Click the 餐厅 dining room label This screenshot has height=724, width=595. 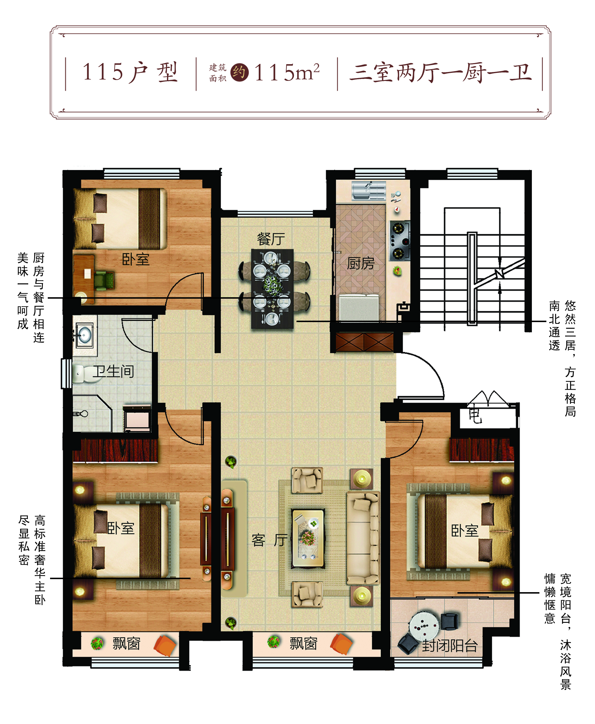pos(271,239)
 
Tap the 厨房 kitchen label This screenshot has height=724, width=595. pos(360,263)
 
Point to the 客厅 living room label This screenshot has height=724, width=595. pos(269,540)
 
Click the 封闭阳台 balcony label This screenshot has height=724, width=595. pos(450,646)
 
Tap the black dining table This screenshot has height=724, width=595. pos(272,289)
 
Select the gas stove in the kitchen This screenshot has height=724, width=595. pos(400,241)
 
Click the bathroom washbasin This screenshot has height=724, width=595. pos(83,335)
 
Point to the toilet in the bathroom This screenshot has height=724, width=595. pos(83,374)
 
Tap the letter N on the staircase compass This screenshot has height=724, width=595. pos(499,274)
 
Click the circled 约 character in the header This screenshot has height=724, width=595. pos(239,72)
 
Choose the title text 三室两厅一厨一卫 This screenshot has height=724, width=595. pos(441,73)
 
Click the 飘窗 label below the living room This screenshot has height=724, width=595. pos(303,643)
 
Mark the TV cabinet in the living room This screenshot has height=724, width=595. pos(227,539)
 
